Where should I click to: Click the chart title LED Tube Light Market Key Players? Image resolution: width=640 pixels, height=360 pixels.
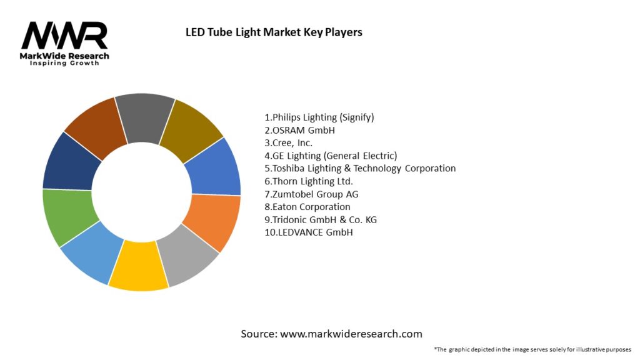(274, 32)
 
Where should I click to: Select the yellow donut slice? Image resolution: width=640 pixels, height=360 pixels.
(138, 267)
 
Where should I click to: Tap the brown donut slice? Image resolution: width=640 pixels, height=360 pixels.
(94, 127)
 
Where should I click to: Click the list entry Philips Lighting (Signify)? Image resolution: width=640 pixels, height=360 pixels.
(319, 117)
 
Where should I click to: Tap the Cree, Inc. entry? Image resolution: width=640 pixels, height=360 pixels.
(289, 142)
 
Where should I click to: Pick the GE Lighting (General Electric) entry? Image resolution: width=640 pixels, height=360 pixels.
(331, 156)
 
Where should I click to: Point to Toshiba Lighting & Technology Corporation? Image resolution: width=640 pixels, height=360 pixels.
(360, 168)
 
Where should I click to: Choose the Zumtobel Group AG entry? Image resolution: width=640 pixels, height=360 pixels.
(312, 194)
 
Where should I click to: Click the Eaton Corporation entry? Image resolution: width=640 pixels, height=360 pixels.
(307, 207)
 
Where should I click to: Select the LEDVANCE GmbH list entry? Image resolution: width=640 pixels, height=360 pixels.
(309, 232)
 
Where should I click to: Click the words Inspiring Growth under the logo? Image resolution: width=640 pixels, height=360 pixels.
(64, 64)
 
